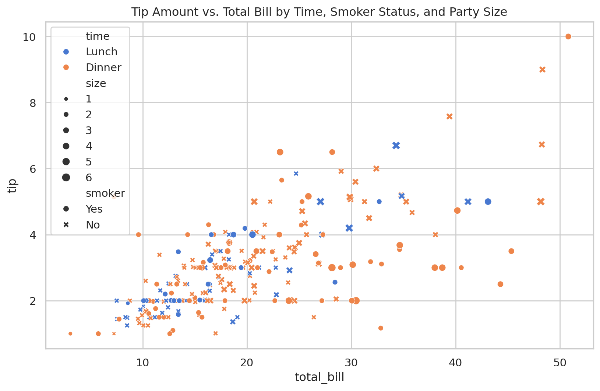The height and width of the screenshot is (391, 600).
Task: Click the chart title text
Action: tap(319, 12)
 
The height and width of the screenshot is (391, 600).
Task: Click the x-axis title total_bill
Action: tap(319, 377)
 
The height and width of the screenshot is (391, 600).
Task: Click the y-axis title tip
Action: tap(13, 186)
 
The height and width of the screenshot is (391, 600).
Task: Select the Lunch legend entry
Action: tap(101, 52)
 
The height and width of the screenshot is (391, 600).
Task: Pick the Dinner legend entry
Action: tap(103, 67)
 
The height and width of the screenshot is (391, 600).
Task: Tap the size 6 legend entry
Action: tap(89, 178)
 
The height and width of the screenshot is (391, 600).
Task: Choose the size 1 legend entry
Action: tap(89, 99)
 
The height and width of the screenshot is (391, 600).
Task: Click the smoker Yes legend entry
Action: tap(94, 209)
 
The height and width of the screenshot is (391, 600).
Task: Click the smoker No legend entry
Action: tap(93, 225)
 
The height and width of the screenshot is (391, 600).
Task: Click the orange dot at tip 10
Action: tap(568, 36)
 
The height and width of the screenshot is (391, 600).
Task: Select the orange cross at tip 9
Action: tap(542, 70)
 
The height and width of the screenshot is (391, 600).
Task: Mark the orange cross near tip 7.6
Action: tap(449, 116)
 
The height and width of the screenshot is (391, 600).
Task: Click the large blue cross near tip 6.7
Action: tap(396, 146)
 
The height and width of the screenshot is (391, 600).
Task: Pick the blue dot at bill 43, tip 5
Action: tap(488, 202)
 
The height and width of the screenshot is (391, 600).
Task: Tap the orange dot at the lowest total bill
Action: tap(70, 334)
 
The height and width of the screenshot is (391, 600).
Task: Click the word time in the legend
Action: tap(98, 36)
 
